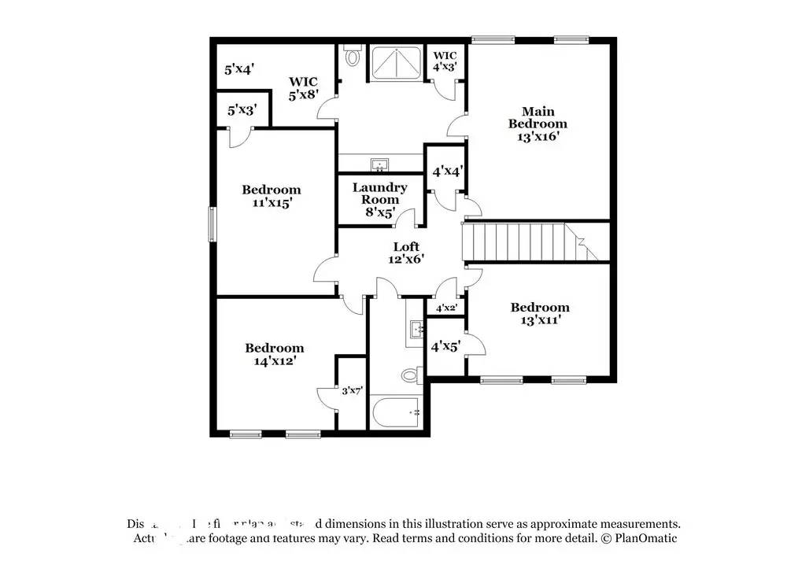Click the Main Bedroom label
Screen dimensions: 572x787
click(x=538, y=124)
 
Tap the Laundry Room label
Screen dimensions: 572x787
click(x=379, y=199)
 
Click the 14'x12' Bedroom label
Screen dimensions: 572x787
click(x=274, y=354)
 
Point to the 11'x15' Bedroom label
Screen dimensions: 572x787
click(x=271, y=196)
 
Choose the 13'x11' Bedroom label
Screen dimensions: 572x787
click(x=539, y=313)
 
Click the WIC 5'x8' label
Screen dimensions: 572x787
click(x=302, y=88)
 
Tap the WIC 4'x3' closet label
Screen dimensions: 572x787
click(x=445, y=61)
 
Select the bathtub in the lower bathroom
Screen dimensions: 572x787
click(x=397, y=411)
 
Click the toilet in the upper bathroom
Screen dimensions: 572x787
click(x=353, y=57)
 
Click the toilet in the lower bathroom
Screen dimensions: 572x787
click(x=408, y=375)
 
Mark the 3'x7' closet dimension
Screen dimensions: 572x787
click(x=351, y=389)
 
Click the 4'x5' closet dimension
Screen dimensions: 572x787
click(x=445, y=345)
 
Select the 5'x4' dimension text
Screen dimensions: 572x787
click(x=238, y=69)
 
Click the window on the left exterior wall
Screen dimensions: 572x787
click(x=211, y=223)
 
